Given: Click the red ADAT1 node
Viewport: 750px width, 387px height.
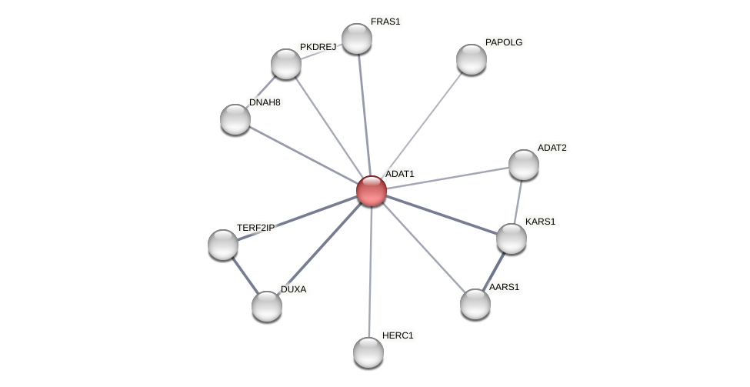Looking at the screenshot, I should [x=371, y=191].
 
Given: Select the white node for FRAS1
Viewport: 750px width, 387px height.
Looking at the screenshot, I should [x=356, y=38].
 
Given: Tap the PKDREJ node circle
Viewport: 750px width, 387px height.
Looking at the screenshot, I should [x=286, y=64].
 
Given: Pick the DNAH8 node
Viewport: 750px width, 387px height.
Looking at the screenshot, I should [x=235, y=119].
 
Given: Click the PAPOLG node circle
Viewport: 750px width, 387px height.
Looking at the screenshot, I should [x=472, y=59].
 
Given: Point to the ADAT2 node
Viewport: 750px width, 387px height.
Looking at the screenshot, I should [x=524, y=165].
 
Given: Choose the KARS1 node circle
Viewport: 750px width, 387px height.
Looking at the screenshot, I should [x=512, y=239].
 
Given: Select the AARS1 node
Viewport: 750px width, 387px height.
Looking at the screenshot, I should [x=475, y=304].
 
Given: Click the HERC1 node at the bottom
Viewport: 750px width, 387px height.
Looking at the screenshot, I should [x=368, y=352].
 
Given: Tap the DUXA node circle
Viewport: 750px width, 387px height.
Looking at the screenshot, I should [x=267, y=306].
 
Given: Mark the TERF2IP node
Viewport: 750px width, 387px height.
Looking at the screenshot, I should [x=223, y=245].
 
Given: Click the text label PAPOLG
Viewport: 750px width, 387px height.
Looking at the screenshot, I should [x=504, y=42].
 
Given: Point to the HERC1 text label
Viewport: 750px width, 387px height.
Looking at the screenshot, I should [x=398, y=335].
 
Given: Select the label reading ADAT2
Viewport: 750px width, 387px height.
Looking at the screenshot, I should [x=552, y=148].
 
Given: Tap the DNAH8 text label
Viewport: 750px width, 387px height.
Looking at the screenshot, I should [x=265, y=102].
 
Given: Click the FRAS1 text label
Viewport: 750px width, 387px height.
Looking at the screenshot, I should [x=385, y=22].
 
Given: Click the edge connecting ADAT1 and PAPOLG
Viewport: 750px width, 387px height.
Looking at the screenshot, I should [x=422, y=125].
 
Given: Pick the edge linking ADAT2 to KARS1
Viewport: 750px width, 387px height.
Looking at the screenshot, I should [x=518, y=202].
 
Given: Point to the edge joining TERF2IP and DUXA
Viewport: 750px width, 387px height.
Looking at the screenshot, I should [x=245, y=275].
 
